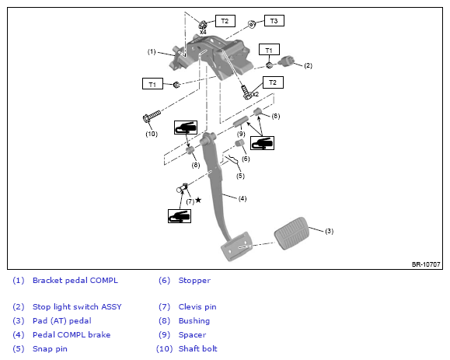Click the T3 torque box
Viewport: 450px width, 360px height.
274,21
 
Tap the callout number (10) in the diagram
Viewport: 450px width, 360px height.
152,134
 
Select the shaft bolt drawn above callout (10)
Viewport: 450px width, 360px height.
152,116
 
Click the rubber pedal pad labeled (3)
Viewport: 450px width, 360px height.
291,233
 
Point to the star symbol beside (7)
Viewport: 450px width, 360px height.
198,200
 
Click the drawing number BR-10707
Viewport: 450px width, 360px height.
426,264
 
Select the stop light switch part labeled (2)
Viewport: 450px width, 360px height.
285,61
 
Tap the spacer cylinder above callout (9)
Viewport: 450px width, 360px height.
240,122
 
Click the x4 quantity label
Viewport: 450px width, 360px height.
203,32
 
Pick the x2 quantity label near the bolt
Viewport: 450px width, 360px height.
255,94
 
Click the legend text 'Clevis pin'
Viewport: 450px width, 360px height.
197,307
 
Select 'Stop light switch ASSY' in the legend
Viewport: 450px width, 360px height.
77,307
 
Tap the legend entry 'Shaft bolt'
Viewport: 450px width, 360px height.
197,349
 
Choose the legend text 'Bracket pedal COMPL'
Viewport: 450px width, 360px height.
75,281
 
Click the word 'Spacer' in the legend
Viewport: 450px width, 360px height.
192,335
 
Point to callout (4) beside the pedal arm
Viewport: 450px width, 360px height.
242,198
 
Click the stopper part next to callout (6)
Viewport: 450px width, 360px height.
239,143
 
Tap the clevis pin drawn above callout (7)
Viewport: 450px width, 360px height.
182,188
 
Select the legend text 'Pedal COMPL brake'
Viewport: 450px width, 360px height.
72,335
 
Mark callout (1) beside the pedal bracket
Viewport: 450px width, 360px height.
152,51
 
